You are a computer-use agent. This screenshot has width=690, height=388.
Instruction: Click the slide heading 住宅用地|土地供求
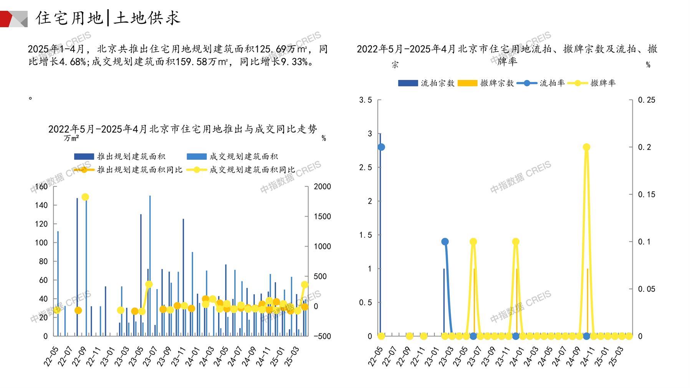click(x=108, y=18)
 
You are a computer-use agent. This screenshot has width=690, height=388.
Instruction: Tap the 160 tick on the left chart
click(x=41, y=187)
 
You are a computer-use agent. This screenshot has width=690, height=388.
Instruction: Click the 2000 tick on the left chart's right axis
click(x=322, y=187)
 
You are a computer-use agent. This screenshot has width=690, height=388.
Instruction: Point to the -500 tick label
click(x=322, y=336)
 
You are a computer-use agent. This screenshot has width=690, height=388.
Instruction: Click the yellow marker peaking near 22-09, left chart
click(x=85, y=197)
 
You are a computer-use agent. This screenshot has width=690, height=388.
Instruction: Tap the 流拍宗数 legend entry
click(x=426, y=83)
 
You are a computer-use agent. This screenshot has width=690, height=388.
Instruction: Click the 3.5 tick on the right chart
click(x=365, y=100)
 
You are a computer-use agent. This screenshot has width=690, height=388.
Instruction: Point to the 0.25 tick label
click(x=647, y=100)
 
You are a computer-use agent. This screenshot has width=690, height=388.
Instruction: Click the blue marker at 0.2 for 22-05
click(x=381, y=147)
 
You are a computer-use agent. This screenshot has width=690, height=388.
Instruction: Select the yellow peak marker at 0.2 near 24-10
click(x=586, y=147)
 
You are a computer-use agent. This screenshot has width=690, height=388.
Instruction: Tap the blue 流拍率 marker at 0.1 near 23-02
click(x=445, y=242)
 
